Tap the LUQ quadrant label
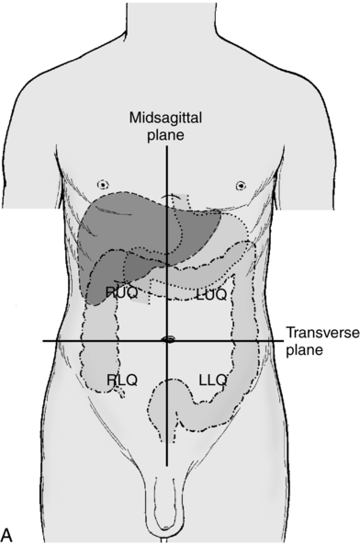[x=212, y=294]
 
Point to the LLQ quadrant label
[x=213, y=378]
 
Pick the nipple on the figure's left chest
[x=241, y=184]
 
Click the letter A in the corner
[x=8, y=534]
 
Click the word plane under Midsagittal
[x=166, y=136]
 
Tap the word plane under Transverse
[x=305, y=350]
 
